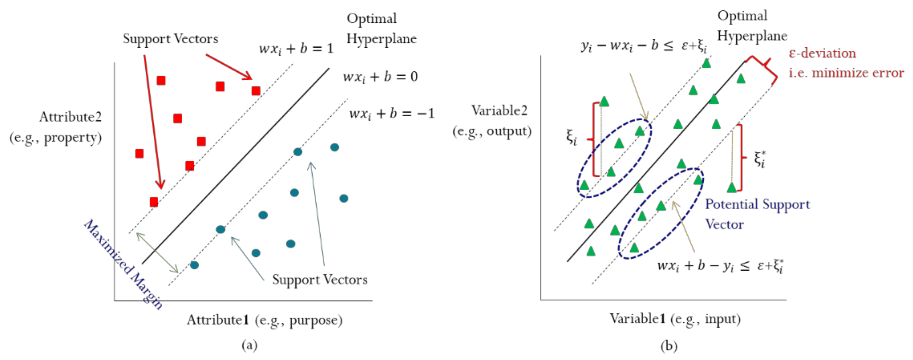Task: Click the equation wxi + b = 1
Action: point(296,49)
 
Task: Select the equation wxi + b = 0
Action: point(380,77)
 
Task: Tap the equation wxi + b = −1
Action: point(391,114)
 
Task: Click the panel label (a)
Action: point(249,345)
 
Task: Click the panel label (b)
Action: point(668,345)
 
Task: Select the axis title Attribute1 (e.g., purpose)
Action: point(264,320)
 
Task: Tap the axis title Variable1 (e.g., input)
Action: point(675,319)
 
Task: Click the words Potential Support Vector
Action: point(757,214)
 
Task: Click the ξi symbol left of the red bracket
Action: point(571,137)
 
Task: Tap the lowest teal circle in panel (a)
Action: point(194,265)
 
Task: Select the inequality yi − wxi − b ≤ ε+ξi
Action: point(644,46)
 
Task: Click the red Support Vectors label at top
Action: point(171,38)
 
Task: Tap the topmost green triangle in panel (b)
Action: point(706,63)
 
